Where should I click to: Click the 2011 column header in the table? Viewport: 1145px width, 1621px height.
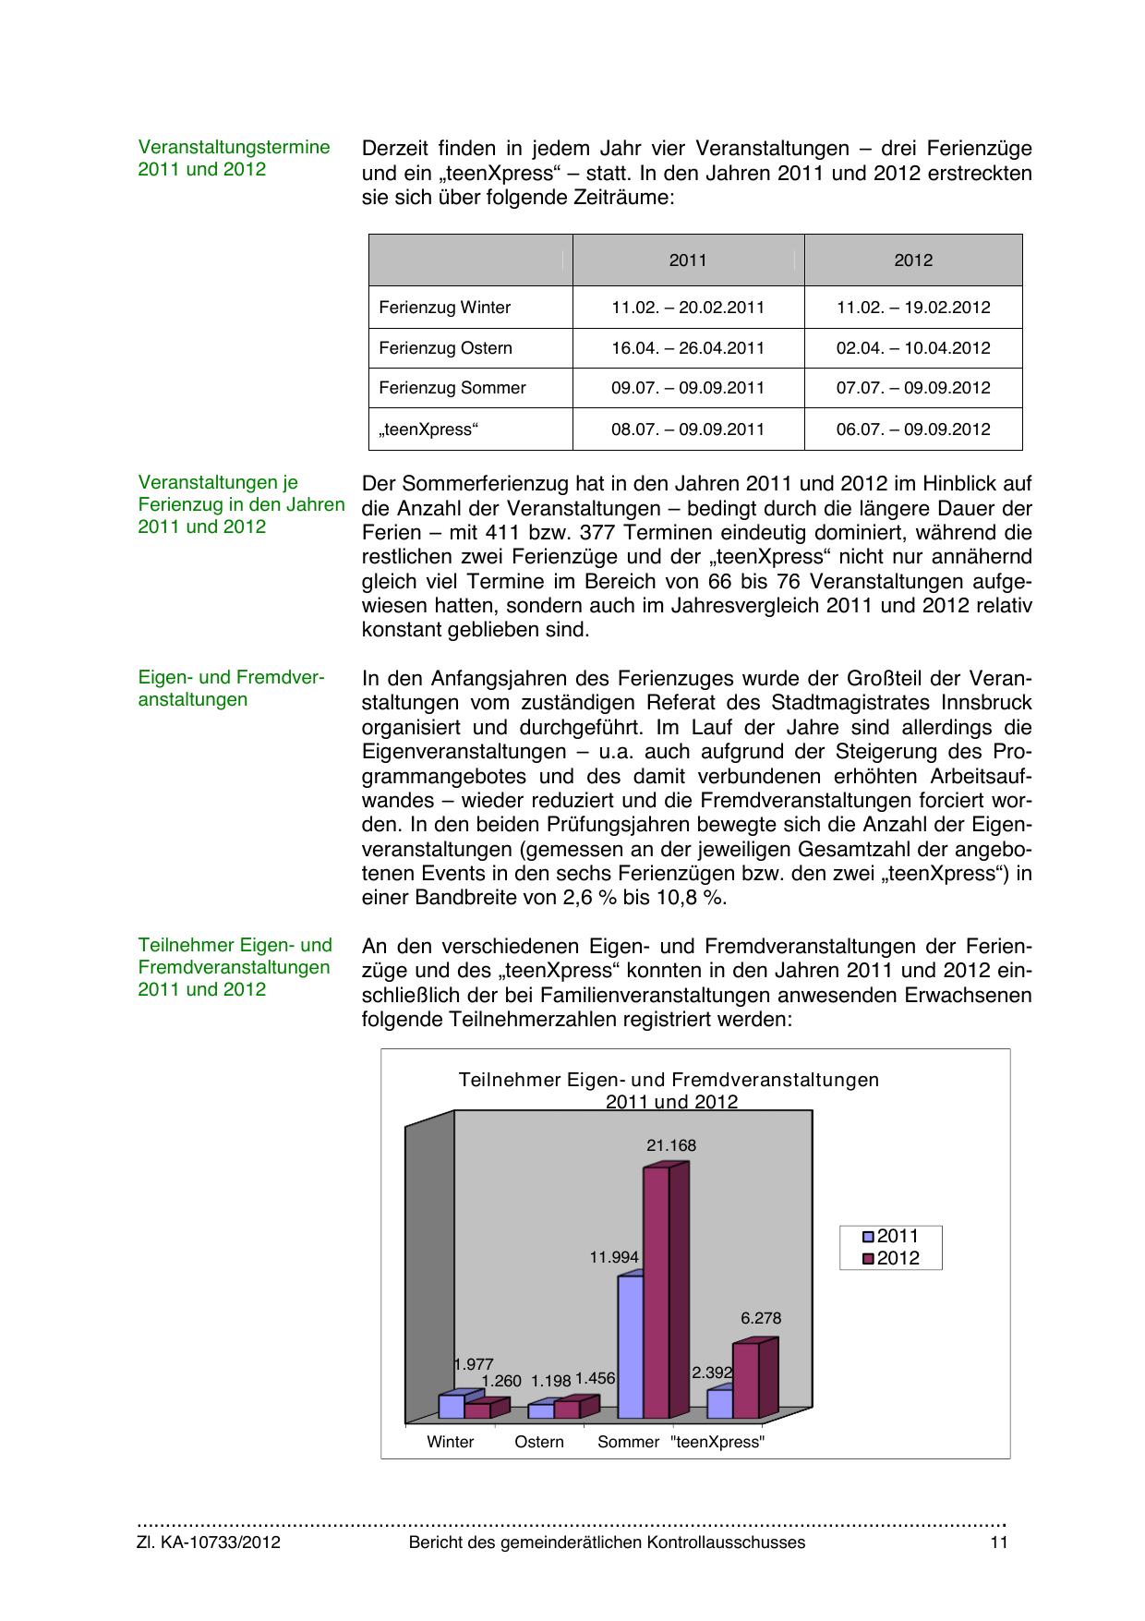click(688, 260)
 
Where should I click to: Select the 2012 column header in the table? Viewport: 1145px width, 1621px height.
click(913, 260)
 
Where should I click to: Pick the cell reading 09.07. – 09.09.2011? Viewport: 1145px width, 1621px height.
click(688, 388)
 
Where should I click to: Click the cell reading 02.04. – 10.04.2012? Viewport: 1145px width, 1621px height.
click(913, 348)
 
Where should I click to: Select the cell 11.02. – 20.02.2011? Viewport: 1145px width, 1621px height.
click(688, 308)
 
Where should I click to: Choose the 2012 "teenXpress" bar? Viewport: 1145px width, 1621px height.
click(746, 1380)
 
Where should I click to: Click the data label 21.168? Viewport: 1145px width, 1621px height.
click(671, 1145)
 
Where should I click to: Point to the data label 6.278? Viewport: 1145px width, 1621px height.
click(761, 1318)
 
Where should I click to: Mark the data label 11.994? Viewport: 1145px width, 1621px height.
click(614, 1257)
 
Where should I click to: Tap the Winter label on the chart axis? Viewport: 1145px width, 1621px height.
click(451, 1442)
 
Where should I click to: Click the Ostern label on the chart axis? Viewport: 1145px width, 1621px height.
click(539, 1442)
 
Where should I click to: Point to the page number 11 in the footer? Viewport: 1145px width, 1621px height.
click(998, 1542)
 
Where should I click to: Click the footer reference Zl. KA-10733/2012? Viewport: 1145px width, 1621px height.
click(209, 1542)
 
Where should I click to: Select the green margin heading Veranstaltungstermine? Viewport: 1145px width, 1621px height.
click(234, 148)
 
